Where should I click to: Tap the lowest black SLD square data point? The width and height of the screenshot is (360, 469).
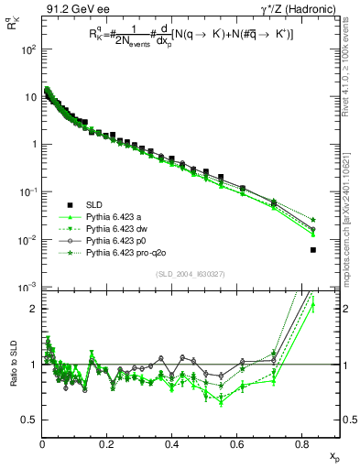[x=313, y=249]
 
